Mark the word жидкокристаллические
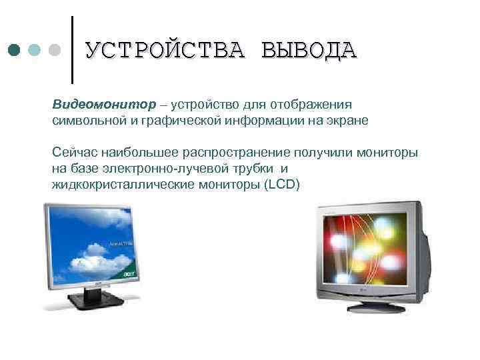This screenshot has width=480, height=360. pos(123,184)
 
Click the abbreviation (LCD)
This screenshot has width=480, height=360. pos(283,184)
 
